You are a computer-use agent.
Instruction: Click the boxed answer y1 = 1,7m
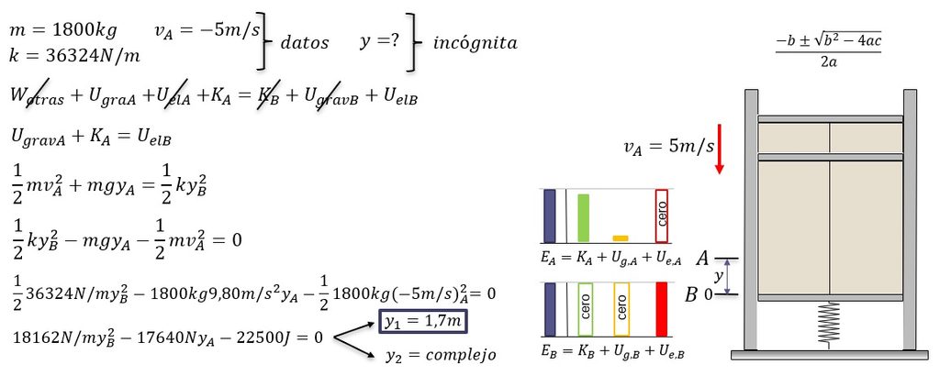(422, 322)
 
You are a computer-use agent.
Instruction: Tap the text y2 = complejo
(441, 355)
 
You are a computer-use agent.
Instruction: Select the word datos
(305, 43)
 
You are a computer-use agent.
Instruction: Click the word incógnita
(475, 43)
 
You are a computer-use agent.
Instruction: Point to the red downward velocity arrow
(719, 149)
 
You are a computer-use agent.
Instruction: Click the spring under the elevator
(829, 324)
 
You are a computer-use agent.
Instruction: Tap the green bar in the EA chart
(583, 218)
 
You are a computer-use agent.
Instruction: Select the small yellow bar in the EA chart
(621, 238)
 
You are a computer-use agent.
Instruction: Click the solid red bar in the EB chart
(661, 309)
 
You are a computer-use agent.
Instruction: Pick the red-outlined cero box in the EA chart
(661, 216)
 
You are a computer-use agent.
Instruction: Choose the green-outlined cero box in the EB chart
(585, 309)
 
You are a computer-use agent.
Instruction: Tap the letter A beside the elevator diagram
(702, 259)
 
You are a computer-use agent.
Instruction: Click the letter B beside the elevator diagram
(692, 294)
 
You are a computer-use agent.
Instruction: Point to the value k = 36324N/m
(75, 56)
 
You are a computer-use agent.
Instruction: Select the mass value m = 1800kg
(63, 30)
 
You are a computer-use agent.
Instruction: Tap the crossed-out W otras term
(37, 97)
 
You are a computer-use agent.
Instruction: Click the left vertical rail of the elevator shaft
(751, 220)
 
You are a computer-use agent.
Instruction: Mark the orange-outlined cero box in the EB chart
(622, 309)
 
